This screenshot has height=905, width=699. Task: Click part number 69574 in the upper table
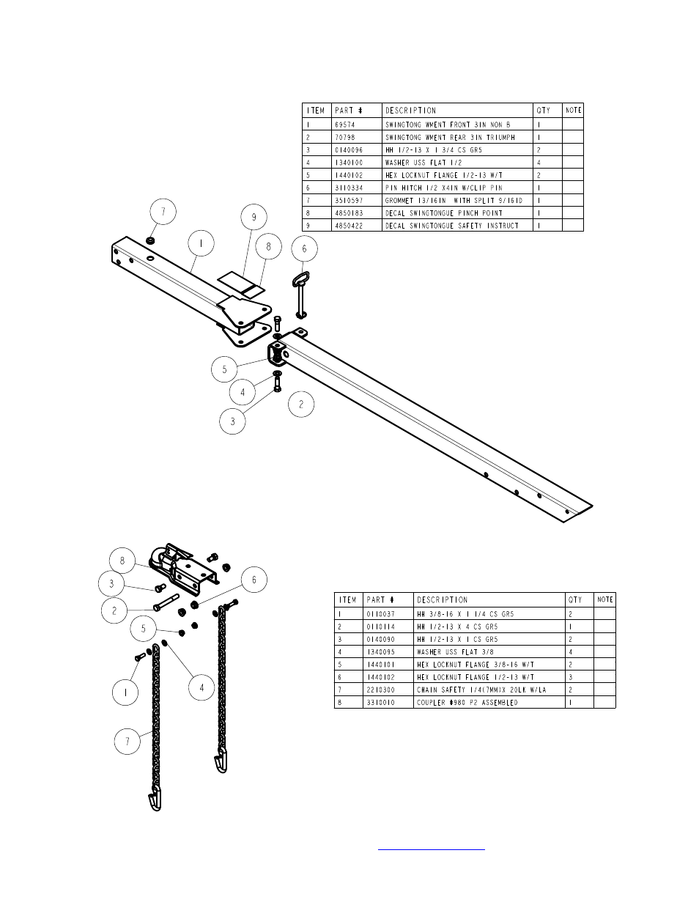[344, 125]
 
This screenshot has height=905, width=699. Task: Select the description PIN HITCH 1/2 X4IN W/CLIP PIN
[444, 188]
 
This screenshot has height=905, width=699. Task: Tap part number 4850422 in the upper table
[349, 226]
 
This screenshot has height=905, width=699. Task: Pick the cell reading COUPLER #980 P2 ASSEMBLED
[467, 702]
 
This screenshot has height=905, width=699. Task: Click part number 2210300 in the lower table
[380, 690]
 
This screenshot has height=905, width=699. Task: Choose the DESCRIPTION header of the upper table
[410, 111]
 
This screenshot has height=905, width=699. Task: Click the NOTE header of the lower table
[605, 599]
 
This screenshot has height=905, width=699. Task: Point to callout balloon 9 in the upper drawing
[254, 217]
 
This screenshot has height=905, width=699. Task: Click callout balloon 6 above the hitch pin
[304, 248]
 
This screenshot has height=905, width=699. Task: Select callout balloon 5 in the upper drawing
[224, 369]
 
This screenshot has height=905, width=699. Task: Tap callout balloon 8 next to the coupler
[122, 561]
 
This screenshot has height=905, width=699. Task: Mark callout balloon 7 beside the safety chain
[127, 741]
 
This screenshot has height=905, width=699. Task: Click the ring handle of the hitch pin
[301, 278]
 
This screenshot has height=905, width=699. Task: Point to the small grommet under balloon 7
[150, 240]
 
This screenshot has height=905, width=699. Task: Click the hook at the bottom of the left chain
[155, 799]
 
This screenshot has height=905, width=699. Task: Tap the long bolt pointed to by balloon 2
[166, 602]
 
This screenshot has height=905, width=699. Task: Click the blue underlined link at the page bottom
[432, 849]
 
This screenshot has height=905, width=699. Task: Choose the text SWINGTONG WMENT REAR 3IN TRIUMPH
[450, 137]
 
